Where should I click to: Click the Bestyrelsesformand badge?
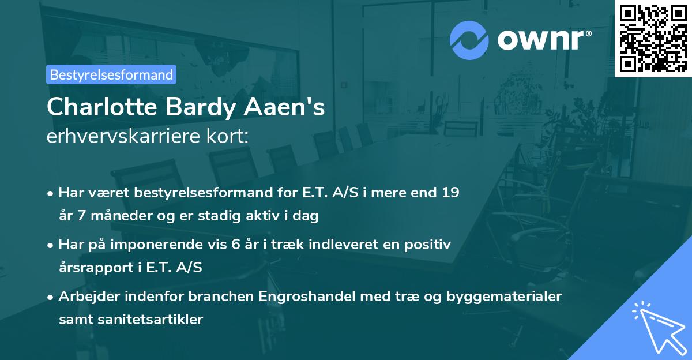(x=111, y=74)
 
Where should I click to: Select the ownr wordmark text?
(x=543, y=40)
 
